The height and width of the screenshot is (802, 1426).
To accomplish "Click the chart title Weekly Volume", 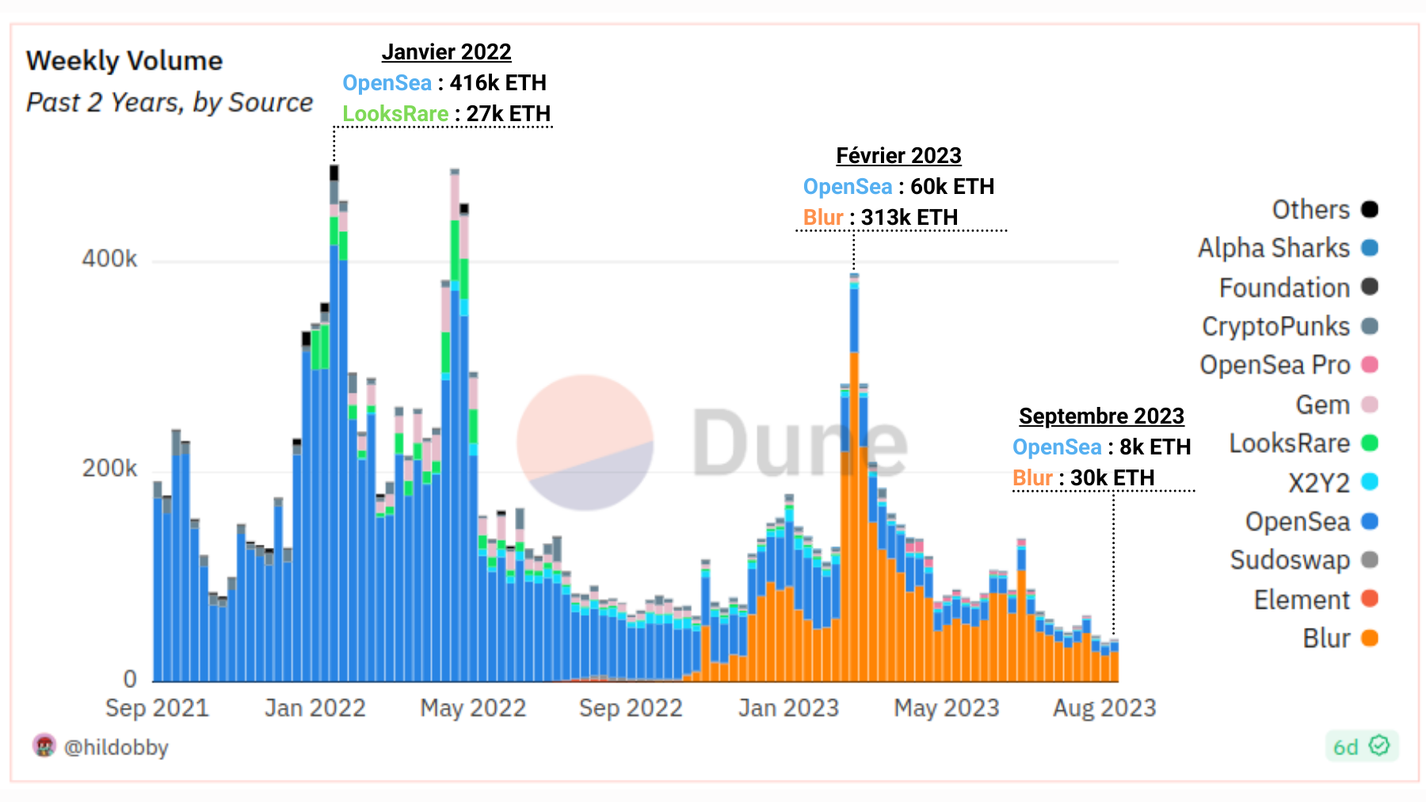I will (x=124, y=61).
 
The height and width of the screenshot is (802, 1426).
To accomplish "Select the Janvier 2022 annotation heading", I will (x=446, y=52).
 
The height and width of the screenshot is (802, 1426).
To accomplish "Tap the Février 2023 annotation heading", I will (x=898, y=156).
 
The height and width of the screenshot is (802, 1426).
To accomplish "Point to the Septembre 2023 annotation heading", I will (x=1101, y=416).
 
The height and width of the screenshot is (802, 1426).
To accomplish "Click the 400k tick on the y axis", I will (x=109, y=259).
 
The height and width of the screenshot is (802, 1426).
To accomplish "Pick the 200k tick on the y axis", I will (x=109, y=469).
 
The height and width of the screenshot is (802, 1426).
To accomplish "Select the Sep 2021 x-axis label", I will (x=157, y=708).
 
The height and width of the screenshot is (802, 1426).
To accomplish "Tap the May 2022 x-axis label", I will (x=473, y=708).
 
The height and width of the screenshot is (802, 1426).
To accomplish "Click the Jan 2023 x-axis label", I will (x=788, y=708).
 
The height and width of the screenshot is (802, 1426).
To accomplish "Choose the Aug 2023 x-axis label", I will (x=1104, y=708).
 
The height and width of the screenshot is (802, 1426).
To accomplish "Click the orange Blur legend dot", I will (x=1370, y=638).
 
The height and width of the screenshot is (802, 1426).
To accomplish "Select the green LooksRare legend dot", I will (x=1370, y=443).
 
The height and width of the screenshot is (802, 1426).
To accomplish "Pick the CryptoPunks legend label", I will (x=1275, y=326).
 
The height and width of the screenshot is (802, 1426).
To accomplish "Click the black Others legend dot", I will (x=1370, y=210).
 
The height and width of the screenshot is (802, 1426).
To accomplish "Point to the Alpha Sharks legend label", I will (x=1273, y=249).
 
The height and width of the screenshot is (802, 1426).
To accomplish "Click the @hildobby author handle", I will (x=116, y=747).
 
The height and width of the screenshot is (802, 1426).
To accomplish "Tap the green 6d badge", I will (x=1361, y=747).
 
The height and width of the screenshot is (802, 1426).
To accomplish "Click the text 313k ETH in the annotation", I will (x=909, y=218).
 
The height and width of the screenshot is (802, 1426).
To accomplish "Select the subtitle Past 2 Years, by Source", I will (x=170, y=103).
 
